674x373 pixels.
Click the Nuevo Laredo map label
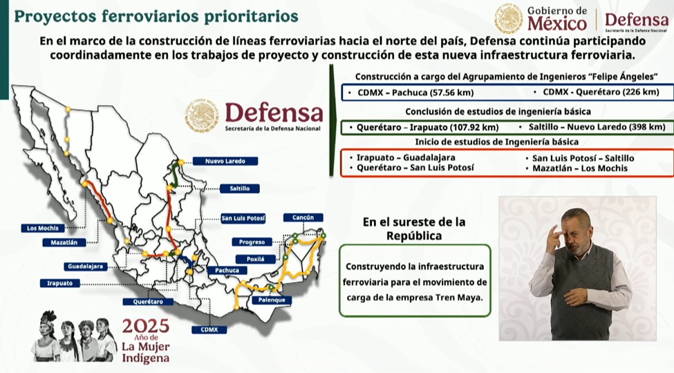pyautogui.click(x=225, y=161)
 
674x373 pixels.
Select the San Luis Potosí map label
pyautogui.click(x=243, y=219)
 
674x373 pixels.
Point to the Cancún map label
pyautogui.click(x=303, y=217)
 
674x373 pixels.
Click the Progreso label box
pyautogui.click(x=252, y=242)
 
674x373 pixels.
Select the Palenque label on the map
pyautogui.click(x=271, y=300)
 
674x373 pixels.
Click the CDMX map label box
pyautogui.click(x=209, y=329)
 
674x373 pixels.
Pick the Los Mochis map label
pyautogui.click(x=43, y=228)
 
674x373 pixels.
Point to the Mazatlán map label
pyautogui.click(x=64, y=242)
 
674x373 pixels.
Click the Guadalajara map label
pyautogui.click(x=86, y=266)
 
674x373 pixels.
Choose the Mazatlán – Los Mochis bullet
pyautogui.click(x=581, y=168)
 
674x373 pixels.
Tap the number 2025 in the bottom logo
pyautogui.click(x=145, y=325)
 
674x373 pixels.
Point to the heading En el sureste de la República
pyautogui.click(x=414, y=229)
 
